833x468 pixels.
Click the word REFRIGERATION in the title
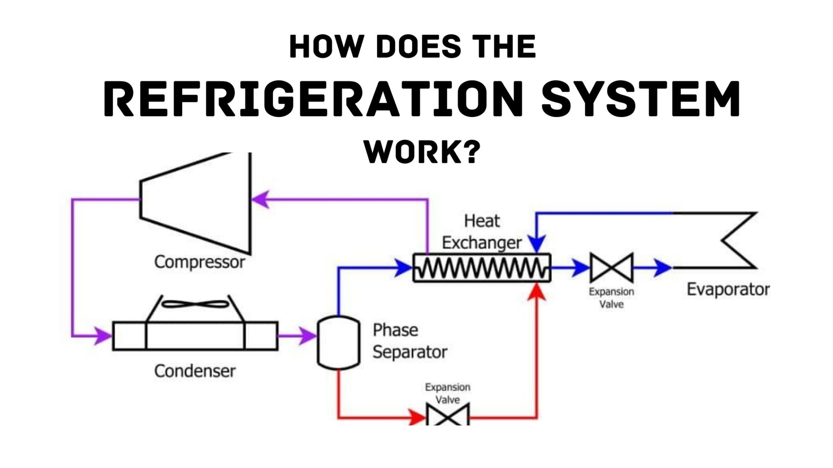click(313, 99)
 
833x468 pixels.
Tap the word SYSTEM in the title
click(641, 99)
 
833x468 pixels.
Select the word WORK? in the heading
click(422, 152)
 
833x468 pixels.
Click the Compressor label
click(199, 262)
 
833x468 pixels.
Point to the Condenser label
click(194, 371)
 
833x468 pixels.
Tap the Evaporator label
click(728, 290)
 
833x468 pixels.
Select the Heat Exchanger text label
click(482, 232)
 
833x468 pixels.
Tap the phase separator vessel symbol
click(338, 343)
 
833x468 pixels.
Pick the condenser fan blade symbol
click(195, 304)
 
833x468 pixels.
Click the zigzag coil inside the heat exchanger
click(482, 268)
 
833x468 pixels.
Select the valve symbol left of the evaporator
click(611, 268)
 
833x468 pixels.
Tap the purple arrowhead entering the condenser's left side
click(102, 336)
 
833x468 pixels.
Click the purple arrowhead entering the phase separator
click(307, 336)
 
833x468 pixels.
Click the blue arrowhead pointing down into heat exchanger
click(537, 244)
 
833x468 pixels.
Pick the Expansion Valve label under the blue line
click(611, 298)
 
